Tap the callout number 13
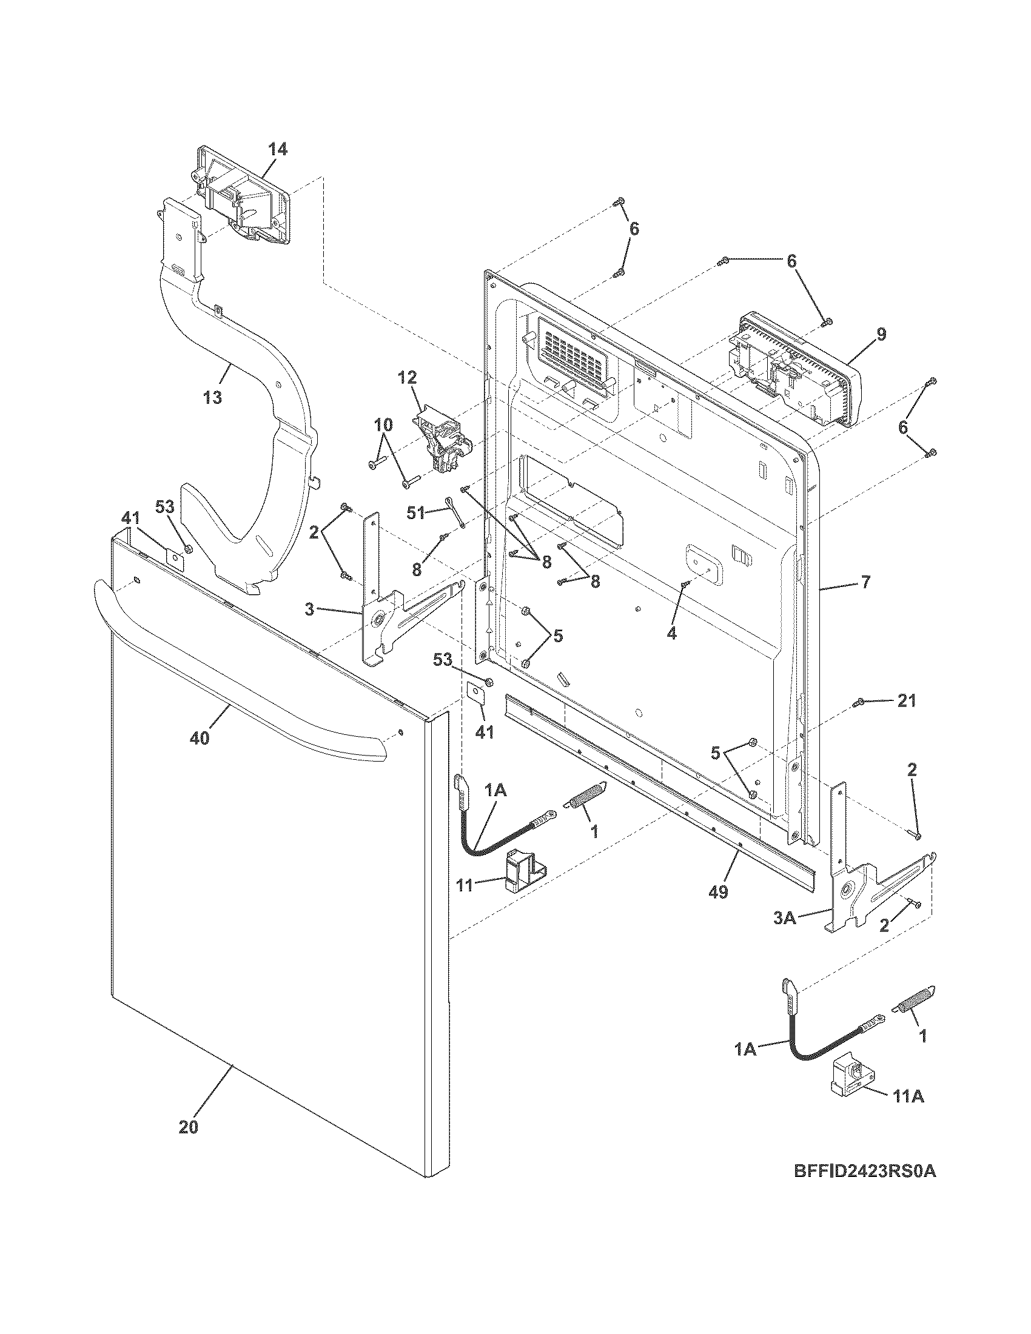(212, 398)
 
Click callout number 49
(719, 892)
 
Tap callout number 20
(189, 1127)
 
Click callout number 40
(200, 738)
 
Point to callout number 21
(907, 700)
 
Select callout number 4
(671, 634)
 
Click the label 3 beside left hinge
(310, 609)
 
